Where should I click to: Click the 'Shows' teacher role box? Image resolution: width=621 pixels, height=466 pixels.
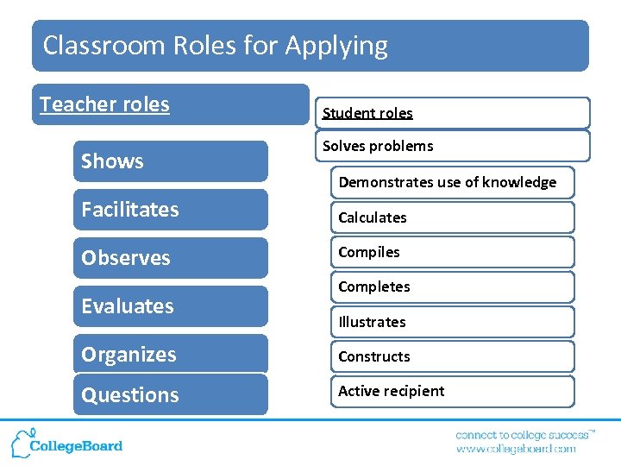click(170, 161)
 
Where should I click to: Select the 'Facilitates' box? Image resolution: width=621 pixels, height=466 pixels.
click(170, 210)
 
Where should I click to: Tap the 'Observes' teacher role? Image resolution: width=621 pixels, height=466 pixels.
click(170, 258)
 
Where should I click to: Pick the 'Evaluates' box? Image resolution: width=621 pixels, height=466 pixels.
click(170, 306)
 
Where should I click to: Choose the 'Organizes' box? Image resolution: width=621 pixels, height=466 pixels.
click(170, 355)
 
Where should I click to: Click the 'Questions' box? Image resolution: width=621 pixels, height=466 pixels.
click(170, 395)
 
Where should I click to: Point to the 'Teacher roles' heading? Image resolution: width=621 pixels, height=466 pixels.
click(170, 104)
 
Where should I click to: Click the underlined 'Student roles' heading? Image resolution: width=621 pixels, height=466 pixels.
click(368, 113)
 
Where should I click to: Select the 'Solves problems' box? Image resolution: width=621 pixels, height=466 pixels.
click(454, 146)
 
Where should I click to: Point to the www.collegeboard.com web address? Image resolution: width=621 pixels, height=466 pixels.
click(516, 449)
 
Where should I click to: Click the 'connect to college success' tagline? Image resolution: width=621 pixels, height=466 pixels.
click(524, 435)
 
